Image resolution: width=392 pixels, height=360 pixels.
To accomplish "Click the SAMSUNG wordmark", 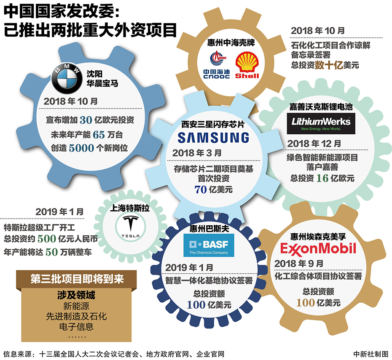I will (213, 137).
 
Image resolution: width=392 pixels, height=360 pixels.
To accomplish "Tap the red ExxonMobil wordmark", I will (318, 248).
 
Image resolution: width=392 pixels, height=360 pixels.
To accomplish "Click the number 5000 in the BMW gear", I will (81, 148).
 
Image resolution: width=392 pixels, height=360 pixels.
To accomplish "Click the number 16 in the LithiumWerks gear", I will (322, 178).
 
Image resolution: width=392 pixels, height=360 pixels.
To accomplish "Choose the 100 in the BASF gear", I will (196, 305).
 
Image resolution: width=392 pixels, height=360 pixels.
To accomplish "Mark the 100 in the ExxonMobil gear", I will (305, 302).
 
